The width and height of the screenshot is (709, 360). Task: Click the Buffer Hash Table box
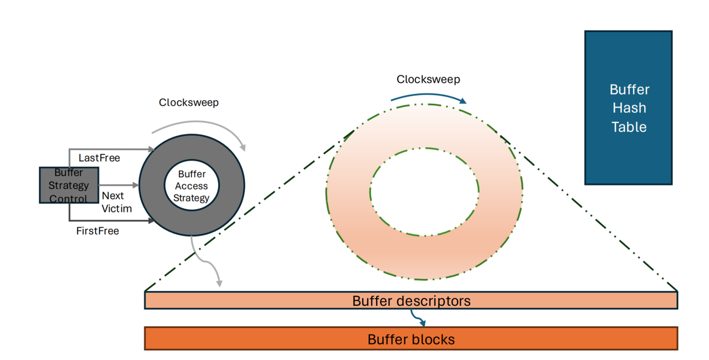(x=628, y=107)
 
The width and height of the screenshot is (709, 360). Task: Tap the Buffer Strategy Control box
(x=69, y=185)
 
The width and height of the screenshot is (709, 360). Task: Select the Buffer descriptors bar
(x=410, y=301)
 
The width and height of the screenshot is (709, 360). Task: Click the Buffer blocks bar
(x=410, y=339)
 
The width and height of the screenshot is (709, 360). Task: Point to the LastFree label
(x=99, y=158)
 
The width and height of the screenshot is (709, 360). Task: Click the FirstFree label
(x=97, y=231)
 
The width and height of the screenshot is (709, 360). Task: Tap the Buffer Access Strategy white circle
(x=192, y=186)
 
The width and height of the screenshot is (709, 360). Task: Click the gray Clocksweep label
(x=188, y=102)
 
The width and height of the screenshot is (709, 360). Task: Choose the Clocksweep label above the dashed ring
(x=428, y=79)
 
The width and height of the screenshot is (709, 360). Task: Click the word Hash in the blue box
(x=629, y=108)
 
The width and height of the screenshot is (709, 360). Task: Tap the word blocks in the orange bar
(x=433, y=339)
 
